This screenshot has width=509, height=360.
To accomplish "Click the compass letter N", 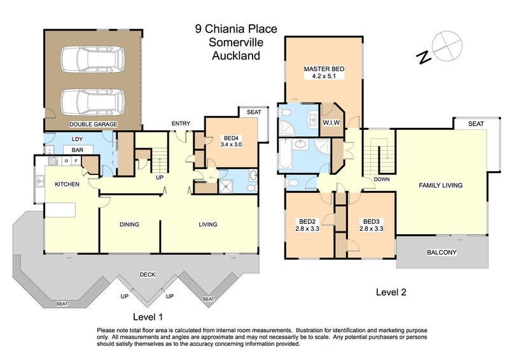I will click(x=422, y=58).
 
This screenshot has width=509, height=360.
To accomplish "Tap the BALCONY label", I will click(x=442, y=252).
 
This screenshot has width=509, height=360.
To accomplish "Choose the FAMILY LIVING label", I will click(x=440, y=185).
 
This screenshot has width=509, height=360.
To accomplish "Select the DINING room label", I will click(x=129, y=224).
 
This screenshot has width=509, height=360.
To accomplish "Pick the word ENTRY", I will click(x=181, y=124).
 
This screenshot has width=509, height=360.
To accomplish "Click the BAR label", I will click(x=78, y=151).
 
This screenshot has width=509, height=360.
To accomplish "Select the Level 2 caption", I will click(x=391, y=293).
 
